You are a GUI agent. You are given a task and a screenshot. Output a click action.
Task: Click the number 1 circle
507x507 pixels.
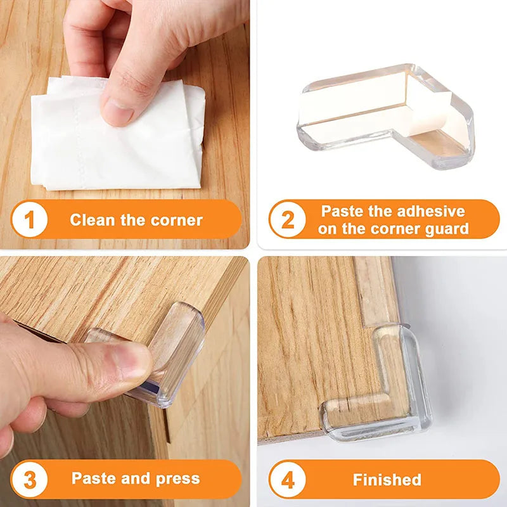click(29, 220)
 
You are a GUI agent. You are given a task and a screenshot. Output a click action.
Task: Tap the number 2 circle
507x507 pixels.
click(288, 220)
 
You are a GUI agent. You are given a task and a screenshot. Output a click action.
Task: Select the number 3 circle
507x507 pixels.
click(29, 478)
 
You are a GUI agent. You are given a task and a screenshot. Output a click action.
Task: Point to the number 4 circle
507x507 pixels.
click(288, 480)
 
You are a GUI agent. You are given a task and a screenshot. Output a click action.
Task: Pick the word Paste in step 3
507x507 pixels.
click(93, 478)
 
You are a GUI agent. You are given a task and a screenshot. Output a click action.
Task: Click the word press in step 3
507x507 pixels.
click(178, 478)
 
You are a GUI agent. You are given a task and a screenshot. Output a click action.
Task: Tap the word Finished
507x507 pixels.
click(387, 480)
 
